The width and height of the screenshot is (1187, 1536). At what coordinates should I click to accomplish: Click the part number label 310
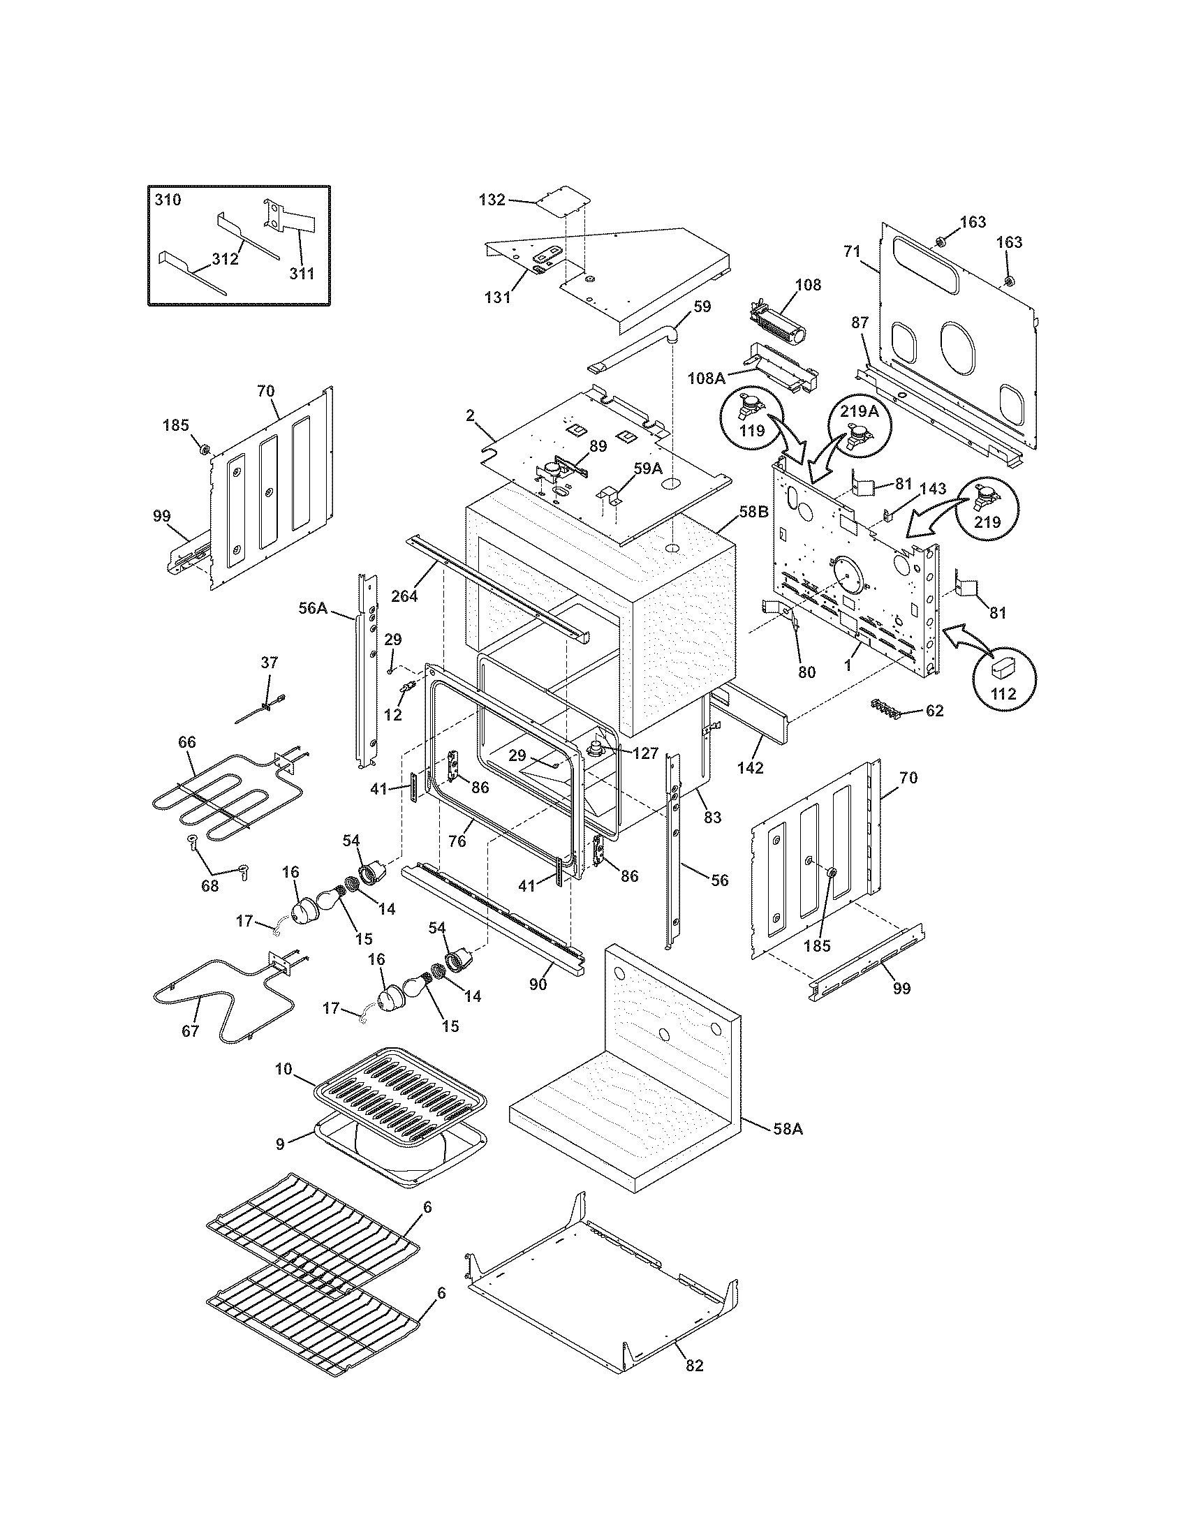(168, 200)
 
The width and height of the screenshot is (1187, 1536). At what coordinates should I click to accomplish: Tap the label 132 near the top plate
(492, 200)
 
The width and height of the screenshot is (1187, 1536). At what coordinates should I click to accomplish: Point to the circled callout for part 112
(1003, 678)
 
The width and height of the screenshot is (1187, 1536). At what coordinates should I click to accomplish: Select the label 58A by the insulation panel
(788, 1129)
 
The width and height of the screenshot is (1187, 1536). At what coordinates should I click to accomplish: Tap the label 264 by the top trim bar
(404, 596)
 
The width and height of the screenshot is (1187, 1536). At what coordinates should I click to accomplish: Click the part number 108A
(706, 378)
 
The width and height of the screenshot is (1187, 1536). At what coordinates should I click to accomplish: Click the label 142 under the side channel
(751, 768)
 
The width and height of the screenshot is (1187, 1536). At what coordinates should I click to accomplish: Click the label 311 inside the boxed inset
(302, 274)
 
